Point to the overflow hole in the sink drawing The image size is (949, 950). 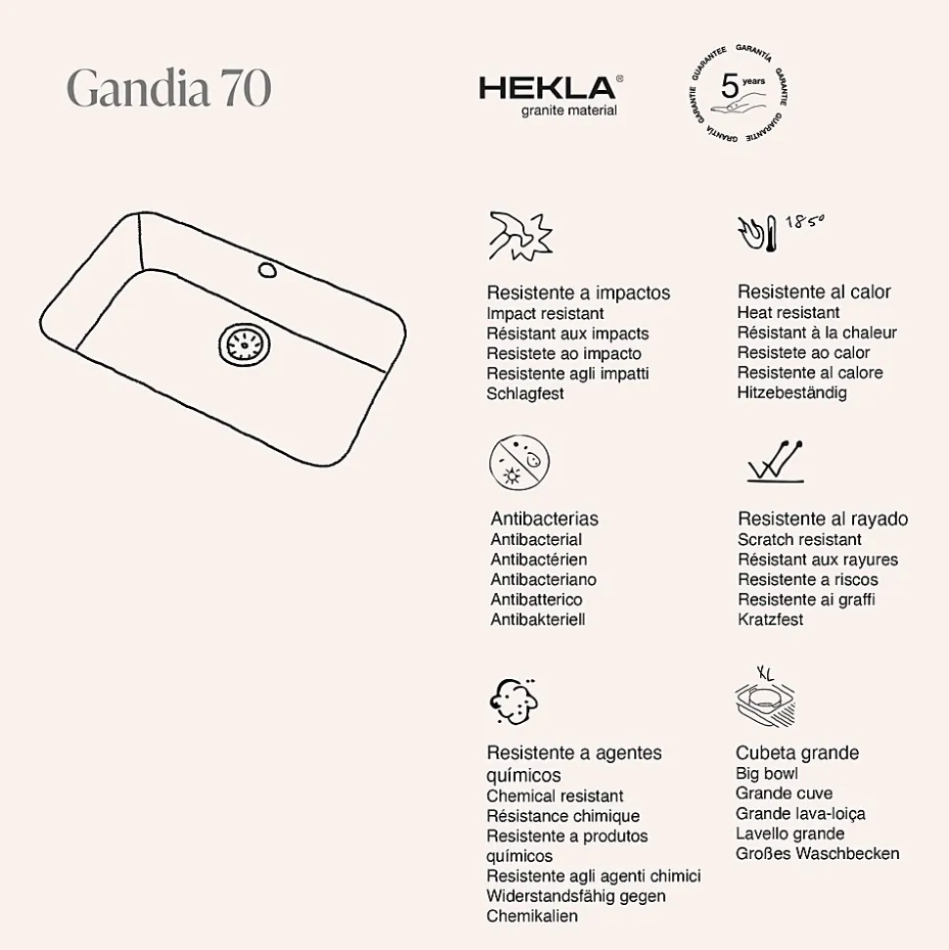click(x=266, y=269)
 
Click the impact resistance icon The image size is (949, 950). click(x=520, y=236)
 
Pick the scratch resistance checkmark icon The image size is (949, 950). click(x=775, y=461)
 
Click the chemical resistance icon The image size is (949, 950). click(x=515, y=699)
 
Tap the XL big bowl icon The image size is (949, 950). click(x=764, y=699)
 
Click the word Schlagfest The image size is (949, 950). click(x=525, y=393)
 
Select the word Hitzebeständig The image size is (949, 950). click(x=791, y=392)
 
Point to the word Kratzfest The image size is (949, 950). click(x=770, y=619)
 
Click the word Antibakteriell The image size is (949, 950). click(x=537, y=619)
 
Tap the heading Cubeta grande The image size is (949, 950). click(x=796, y=752)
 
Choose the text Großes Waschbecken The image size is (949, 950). click(x=817, y=853)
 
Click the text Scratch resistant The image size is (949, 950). click(x=799, y=539)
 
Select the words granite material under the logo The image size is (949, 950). click(x=567, y=111)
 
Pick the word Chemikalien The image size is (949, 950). click(x=532, y=916)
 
